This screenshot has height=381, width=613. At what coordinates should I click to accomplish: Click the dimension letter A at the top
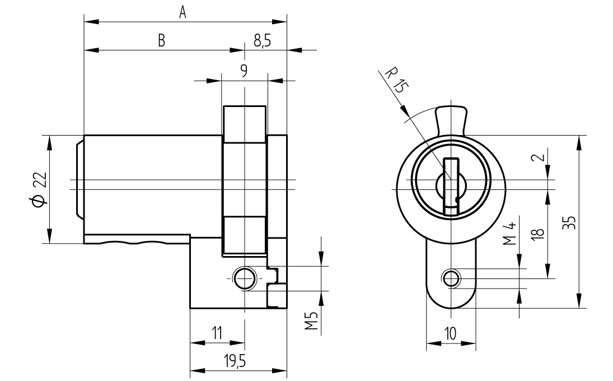183,12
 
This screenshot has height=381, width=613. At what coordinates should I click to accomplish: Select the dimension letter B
161,41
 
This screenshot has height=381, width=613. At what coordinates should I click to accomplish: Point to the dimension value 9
244,70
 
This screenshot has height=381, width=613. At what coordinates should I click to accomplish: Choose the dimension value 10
450,333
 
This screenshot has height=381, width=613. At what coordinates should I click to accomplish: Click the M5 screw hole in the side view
244,277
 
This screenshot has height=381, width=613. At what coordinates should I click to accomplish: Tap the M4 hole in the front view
451,277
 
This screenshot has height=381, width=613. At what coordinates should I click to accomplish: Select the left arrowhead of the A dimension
90,22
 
